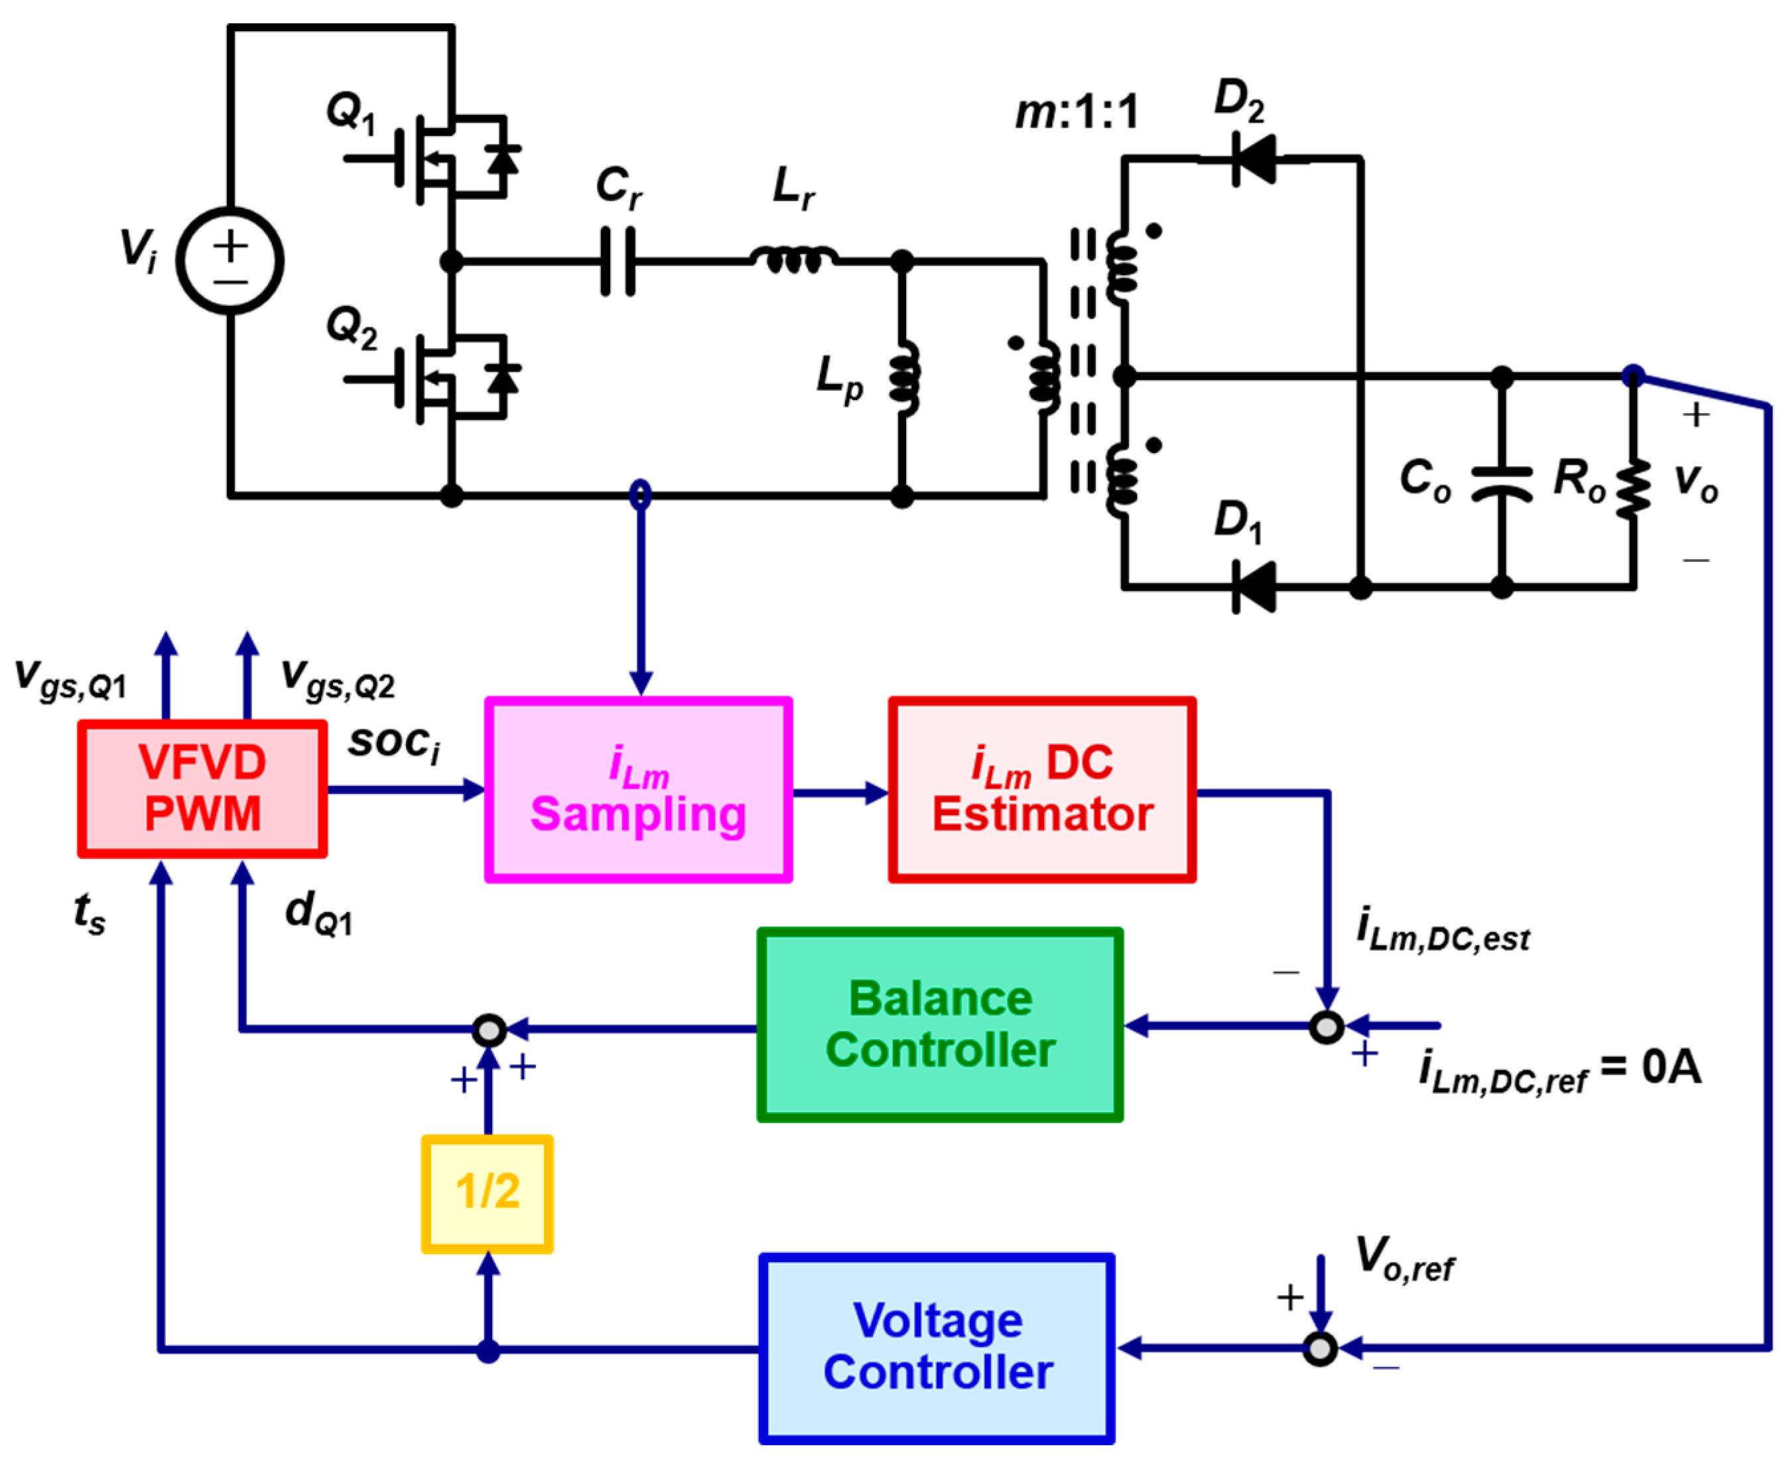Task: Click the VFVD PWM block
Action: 202,789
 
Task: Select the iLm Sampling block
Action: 638,789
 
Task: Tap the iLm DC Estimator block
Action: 1042,789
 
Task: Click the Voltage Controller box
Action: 937,1348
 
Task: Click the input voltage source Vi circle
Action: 230,261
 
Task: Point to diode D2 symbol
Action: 1252,159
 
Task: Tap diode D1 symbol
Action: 1252,586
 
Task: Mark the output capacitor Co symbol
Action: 1502,484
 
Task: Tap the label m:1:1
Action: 1077,112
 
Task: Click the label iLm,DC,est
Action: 1443,931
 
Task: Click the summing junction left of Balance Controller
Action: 489,1029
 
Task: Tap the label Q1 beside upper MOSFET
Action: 351,112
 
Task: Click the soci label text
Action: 394,743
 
